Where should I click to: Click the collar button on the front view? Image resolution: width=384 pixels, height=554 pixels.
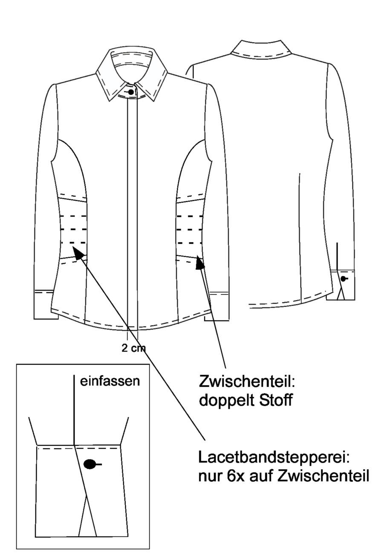click(x=131, y=92)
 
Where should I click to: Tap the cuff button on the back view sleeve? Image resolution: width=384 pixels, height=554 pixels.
click(x=343, y=279)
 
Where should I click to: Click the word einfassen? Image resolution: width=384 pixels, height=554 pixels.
click(x=110, y=381)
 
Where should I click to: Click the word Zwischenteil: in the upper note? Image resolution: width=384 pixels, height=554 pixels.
click(x=247, y=382)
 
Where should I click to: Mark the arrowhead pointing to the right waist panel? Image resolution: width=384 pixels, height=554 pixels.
click(x=199, y=263)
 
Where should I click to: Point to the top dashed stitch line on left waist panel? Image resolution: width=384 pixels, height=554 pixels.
click(x=73, y=216)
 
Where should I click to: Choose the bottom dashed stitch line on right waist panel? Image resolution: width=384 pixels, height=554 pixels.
click(x=190, y=243)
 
